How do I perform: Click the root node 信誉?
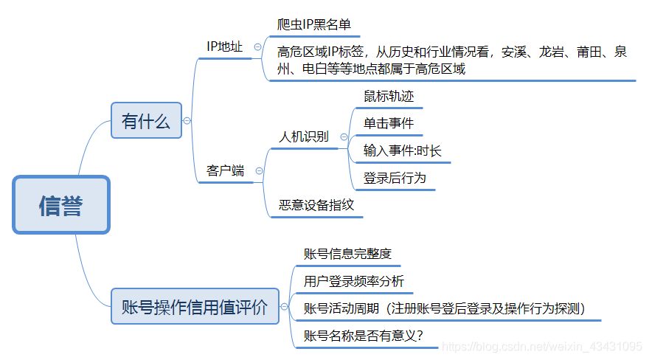(x=61, y=205)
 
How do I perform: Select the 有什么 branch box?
(x=146, y=120)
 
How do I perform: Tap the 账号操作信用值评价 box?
(x=195, y=306)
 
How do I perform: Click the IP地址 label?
(x=224, y=46)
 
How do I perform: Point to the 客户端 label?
(x=226, y=170)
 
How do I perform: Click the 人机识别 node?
(x=304, y=136)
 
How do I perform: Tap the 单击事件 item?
(x=389, y=123)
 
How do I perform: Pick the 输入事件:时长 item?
(x=403, y=150)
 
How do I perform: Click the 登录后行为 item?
(x=395, y=178)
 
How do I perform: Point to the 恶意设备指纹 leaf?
(x=316, y=205)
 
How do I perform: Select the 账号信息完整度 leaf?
(x=347, y=254)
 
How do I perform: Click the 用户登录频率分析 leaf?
(x=354, y=281)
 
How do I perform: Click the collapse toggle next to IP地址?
(x=257, y=46)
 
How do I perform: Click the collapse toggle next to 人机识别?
(x=344, y=136)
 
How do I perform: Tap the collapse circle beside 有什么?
(x=187, y=120)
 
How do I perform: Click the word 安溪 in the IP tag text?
(x=515, y=52)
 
